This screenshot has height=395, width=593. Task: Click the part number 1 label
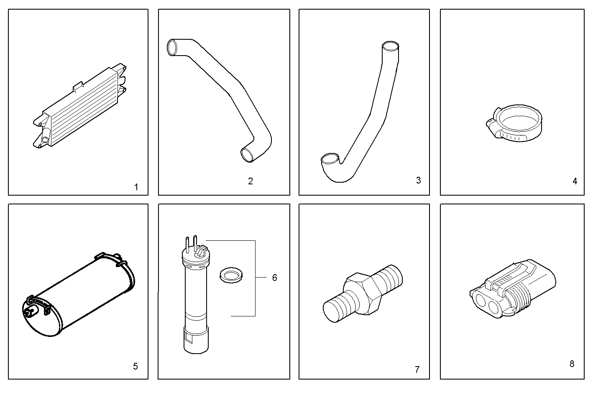[136, 187]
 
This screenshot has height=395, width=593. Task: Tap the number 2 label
[250, 181]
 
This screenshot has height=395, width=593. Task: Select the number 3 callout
[418, 180]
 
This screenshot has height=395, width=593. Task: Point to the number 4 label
[575, 181]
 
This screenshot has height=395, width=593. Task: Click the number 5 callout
[135, 367]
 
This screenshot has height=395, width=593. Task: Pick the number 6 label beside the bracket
[274, 278]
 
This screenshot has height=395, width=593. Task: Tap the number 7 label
[417, 370]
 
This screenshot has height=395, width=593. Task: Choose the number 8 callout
[572, 364]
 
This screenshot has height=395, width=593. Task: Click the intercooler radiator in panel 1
[79, 107]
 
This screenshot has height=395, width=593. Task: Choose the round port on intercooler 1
[45, 139]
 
